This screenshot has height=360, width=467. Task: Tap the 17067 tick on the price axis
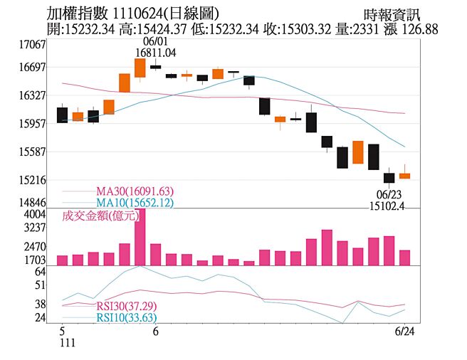[31, 44]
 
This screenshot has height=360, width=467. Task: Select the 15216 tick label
[31, 180]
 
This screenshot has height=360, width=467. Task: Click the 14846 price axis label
[31, 203]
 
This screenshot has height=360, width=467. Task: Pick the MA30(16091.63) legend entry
[135, 191]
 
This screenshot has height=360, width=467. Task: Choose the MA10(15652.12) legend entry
[135, 203]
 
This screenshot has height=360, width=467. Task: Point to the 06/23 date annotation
[388, 195]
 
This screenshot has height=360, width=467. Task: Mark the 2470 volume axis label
[35, 246]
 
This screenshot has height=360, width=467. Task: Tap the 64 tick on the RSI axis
[40, 271]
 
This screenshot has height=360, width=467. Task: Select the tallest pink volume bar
[140, 237]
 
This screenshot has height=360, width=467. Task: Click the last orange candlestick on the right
[404, 175]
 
